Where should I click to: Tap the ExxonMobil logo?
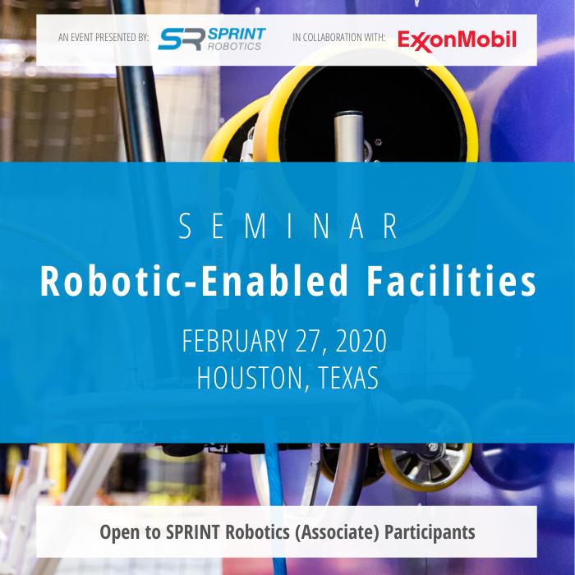(457, 39)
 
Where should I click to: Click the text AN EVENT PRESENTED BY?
(103, 39)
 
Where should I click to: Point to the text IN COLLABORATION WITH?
(339, 39)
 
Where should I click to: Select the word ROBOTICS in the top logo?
(234, 46)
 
